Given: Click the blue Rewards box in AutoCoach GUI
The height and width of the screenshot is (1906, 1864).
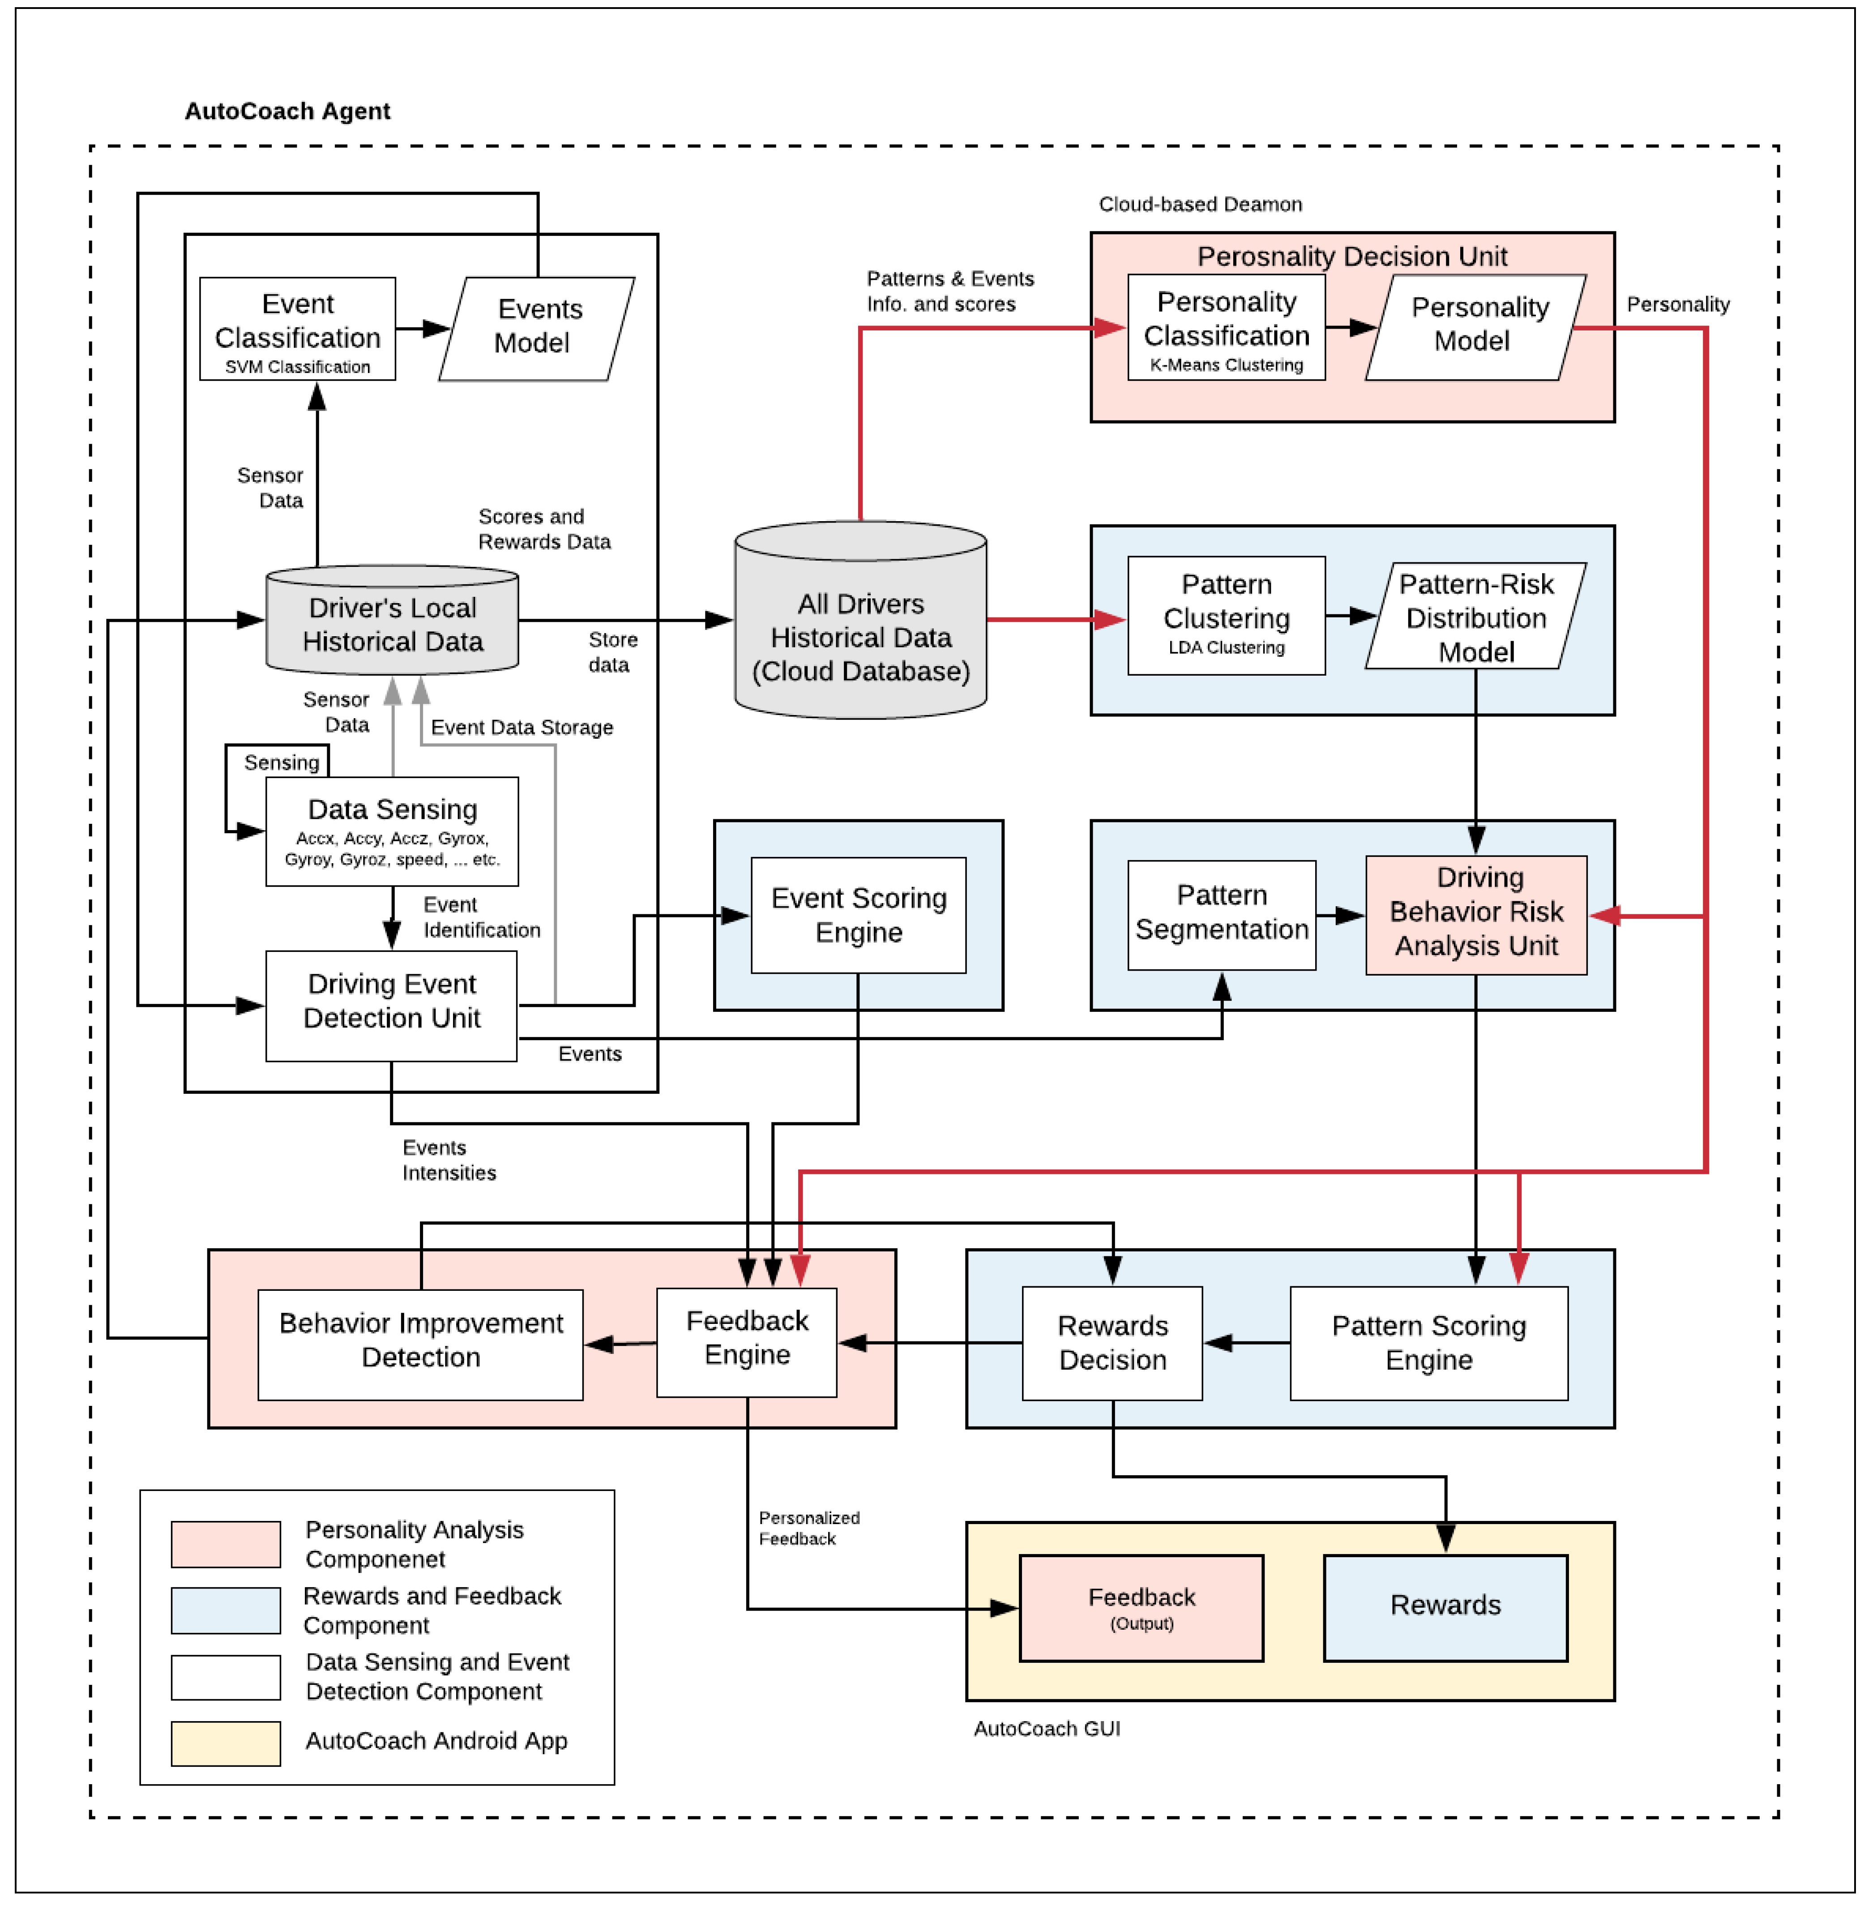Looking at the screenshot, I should click(1445, 1607).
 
